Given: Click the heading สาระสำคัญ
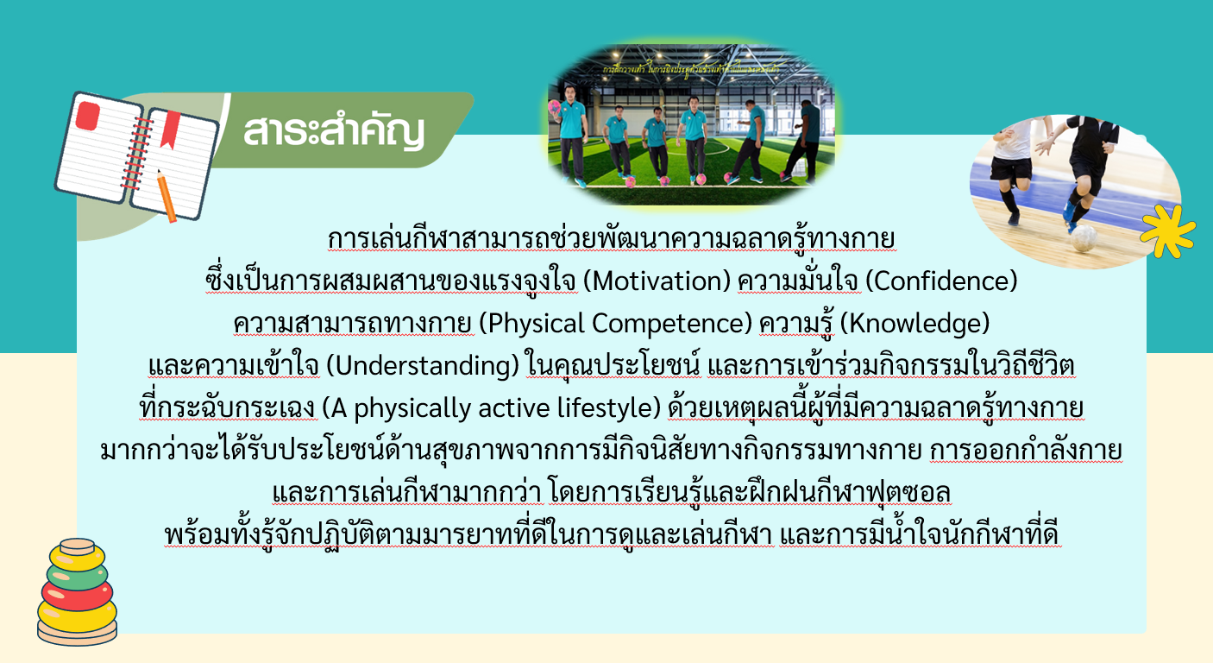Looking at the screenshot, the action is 334,131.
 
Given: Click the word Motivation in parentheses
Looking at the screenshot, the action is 657,281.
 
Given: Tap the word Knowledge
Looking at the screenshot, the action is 914,323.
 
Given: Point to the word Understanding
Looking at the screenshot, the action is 423,366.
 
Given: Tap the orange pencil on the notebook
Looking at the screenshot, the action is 167,196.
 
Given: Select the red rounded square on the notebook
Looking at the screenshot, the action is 87,116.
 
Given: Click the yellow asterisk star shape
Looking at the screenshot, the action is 1167,231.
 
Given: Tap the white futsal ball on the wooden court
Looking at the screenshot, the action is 1084,238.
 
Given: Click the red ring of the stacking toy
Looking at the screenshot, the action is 77,595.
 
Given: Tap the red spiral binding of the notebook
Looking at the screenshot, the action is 136,154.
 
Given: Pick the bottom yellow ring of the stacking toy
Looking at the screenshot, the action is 77,617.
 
